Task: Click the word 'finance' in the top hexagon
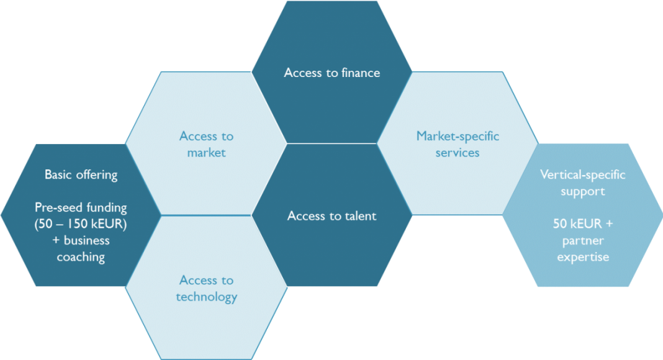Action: [361, 73]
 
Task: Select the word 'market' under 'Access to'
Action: [206, 153]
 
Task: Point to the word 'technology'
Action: [206, 297]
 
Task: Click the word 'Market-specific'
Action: [458, 136]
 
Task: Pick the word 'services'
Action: [458, 153]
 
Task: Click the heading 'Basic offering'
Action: [81, 175]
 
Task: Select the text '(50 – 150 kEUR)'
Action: [81, 224]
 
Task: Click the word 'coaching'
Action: [81, 258]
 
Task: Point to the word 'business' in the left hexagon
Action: [87, 240]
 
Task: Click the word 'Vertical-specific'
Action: [583, 175]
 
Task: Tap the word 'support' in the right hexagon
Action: [583, 191]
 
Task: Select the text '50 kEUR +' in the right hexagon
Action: [583, 224]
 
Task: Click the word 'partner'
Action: [583, 241]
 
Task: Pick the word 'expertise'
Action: [583, 258]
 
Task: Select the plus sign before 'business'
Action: [56, 241]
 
